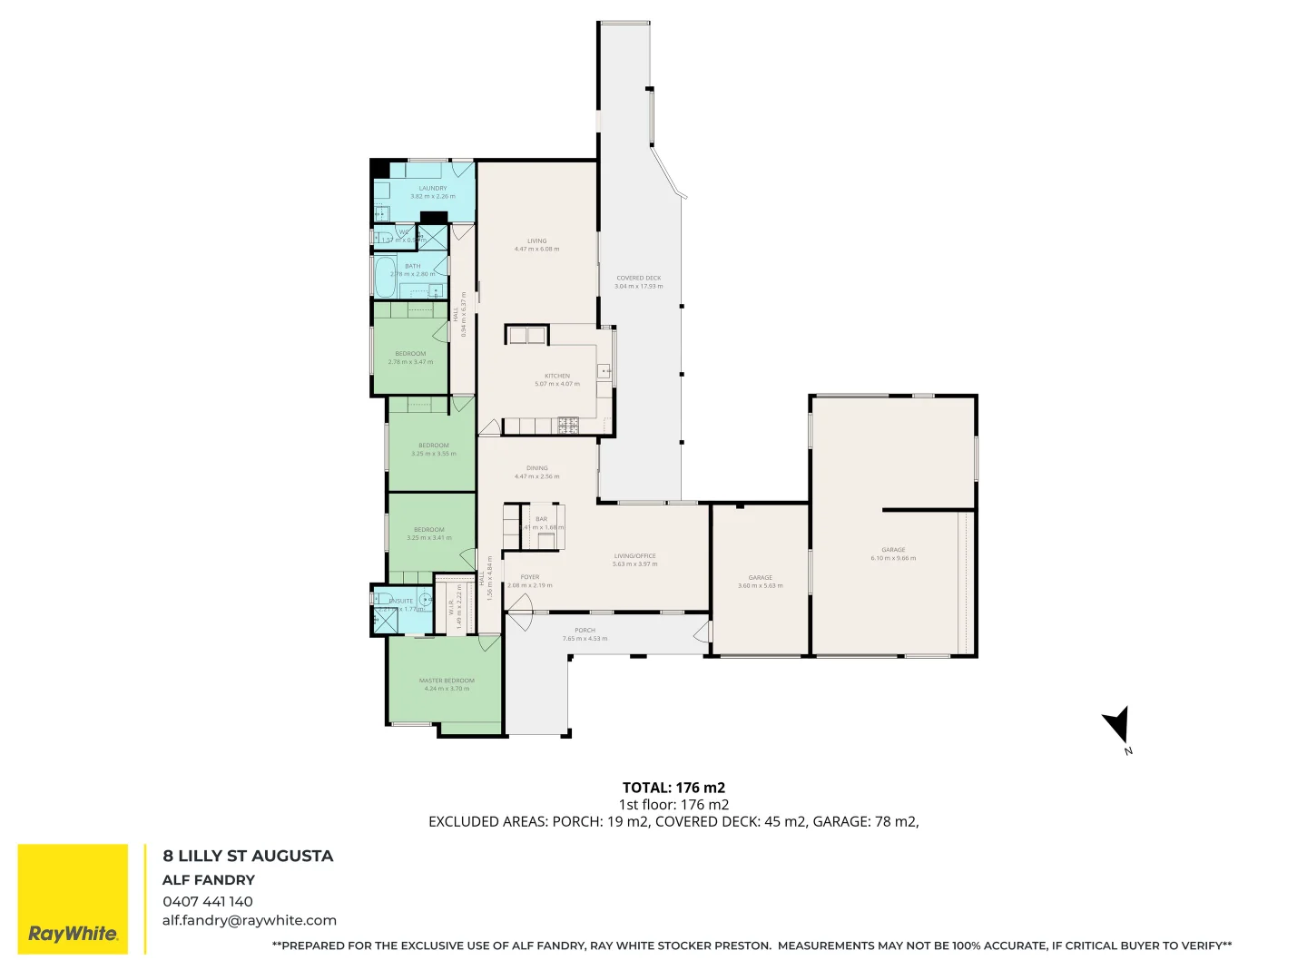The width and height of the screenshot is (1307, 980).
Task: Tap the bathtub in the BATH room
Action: [384, 276]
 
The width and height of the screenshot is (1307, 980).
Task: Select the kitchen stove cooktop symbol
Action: [568, 425]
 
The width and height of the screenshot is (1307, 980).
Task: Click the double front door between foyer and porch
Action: [519, 621]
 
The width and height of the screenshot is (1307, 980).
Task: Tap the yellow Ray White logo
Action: [74, 899]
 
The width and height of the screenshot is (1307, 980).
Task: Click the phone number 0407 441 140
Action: [208, 901]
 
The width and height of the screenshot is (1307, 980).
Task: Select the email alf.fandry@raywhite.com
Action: [250, 920]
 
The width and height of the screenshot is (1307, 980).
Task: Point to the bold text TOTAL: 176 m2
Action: [673, 788]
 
